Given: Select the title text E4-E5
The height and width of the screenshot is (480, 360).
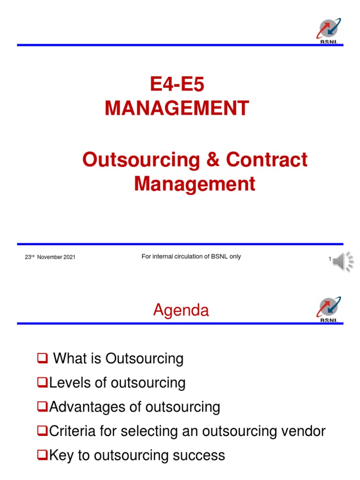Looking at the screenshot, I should point(178,85).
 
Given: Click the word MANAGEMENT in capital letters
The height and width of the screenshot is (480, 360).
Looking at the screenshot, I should point(177,109).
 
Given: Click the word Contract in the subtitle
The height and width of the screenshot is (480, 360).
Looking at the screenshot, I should point(267,160).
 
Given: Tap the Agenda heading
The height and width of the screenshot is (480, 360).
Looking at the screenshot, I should point(181,310).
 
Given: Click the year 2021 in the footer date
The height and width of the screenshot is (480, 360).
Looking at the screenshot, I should point(69,257).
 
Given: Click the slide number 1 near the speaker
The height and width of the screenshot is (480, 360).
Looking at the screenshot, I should point(330,259).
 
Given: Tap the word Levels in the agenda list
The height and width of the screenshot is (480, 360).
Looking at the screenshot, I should point(66,383).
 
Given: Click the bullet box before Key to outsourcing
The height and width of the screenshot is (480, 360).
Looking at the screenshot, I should point(41,455).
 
